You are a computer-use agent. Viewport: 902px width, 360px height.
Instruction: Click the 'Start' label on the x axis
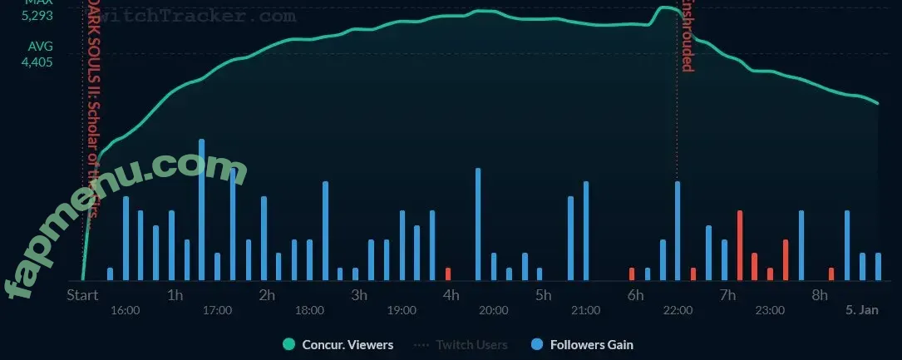(82, 295)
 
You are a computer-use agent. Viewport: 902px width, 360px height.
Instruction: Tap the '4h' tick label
(451, 295)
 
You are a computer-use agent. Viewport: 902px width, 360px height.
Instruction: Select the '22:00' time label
(678, 310)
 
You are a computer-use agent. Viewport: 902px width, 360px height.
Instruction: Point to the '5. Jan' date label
(861, 310)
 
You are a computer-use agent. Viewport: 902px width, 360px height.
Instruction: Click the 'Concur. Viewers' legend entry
(347, 344)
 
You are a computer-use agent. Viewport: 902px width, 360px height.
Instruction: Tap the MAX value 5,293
(37, 13)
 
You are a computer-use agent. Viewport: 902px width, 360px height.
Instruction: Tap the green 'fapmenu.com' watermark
(125, 216)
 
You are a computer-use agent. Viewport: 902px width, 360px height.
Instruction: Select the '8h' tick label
(819, 295)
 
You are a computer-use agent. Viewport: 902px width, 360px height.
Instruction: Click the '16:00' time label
(125, 310)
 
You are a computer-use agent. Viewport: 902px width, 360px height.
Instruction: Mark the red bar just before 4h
(448, 274)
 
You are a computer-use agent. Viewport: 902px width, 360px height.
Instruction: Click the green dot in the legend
(289, 344)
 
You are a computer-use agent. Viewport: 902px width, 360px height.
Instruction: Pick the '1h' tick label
(175, 295)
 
